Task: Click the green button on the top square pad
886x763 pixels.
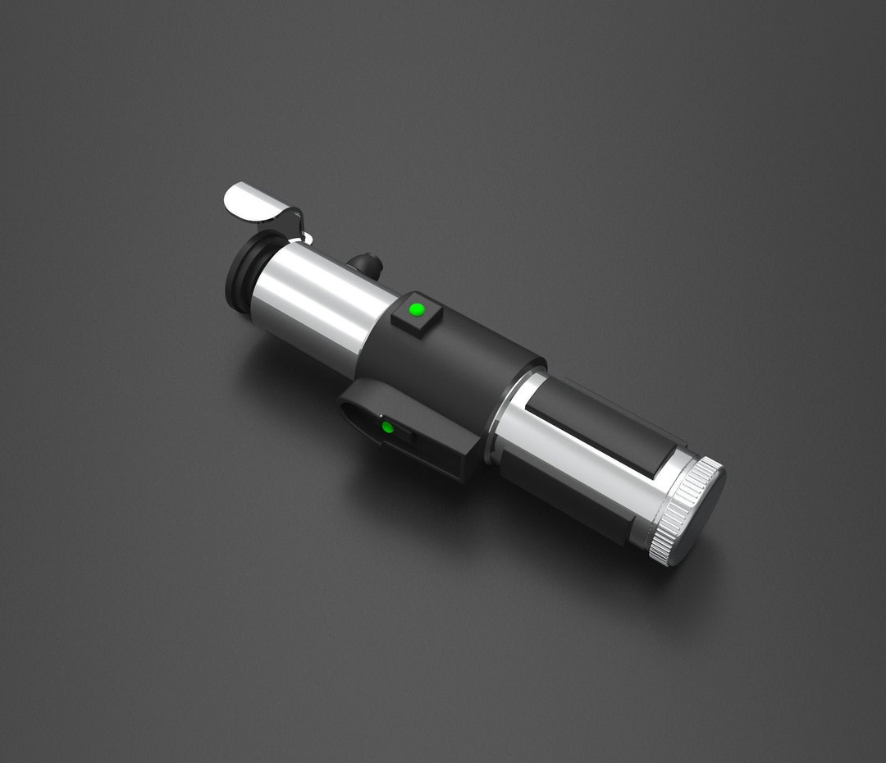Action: click(417, 309)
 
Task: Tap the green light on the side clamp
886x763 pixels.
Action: click(387, 427)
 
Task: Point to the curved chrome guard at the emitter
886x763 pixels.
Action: click(250, 200)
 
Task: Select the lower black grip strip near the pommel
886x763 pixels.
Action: click(566, 500)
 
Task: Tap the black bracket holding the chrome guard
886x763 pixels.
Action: click(291, 222)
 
